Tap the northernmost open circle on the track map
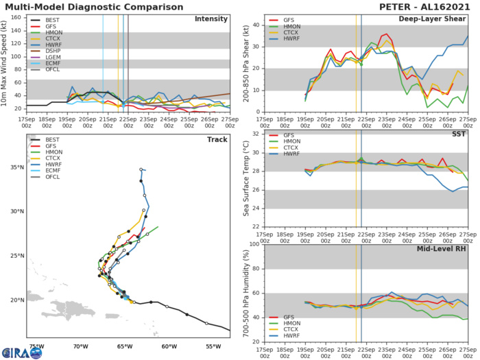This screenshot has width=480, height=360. point(141,169)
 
